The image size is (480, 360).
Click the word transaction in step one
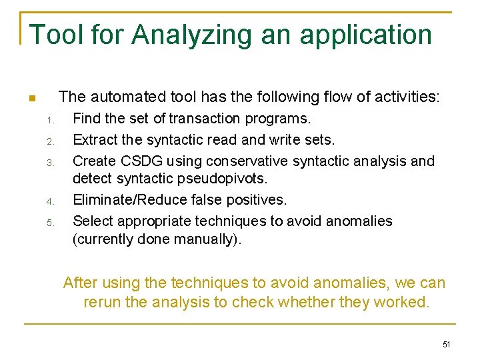[204, 119]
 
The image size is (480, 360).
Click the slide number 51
[446, 345]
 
